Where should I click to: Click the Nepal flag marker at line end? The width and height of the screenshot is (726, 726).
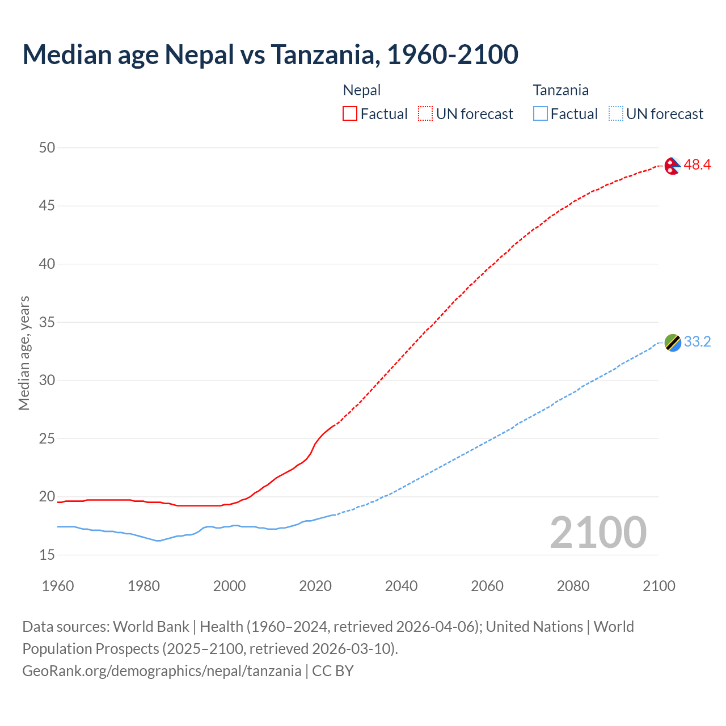coord(672,166)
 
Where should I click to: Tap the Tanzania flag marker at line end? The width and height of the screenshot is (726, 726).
coord(672,343)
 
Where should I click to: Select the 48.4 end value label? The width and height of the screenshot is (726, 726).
coord(697,165)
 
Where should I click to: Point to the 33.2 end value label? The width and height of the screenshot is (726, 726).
coord(697,342)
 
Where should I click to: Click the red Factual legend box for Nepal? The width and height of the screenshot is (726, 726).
coord(350,114)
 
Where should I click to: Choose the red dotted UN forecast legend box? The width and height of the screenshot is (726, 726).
coord(425,114)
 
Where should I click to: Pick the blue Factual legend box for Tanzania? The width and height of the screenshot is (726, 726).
coord(541,114)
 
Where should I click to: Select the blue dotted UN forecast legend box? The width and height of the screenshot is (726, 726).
coord(616,114)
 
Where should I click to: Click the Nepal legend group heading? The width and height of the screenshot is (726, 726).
coord(362,90)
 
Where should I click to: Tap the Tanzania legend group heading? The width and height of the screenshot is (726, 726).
coord(560,90)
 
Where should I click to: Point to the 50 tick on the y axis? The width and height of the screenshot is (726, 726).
coord(47,148)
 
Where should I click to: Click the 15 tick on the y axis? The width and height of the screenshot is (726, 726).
coord(47,555)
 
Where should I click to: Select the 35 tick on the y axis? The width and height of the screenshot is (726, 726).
coord(47,323)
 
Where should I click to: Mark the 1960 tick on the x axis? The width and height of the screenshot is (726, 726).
coord(58,586)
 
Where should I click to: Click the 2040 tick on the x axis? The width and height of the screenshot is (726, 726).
coord(401,586)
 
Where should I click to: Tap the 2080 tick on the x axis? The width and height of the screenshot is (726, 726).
coord(573,586)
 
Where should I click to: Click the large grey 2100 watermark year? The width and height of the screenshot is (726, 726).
coord(598,533)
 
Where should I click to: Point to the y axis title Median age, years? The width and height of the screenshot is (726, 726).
coord(24,353)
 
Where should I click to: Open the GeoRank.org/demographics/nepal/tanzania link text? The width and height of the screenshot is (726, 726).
coord(162,671)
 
